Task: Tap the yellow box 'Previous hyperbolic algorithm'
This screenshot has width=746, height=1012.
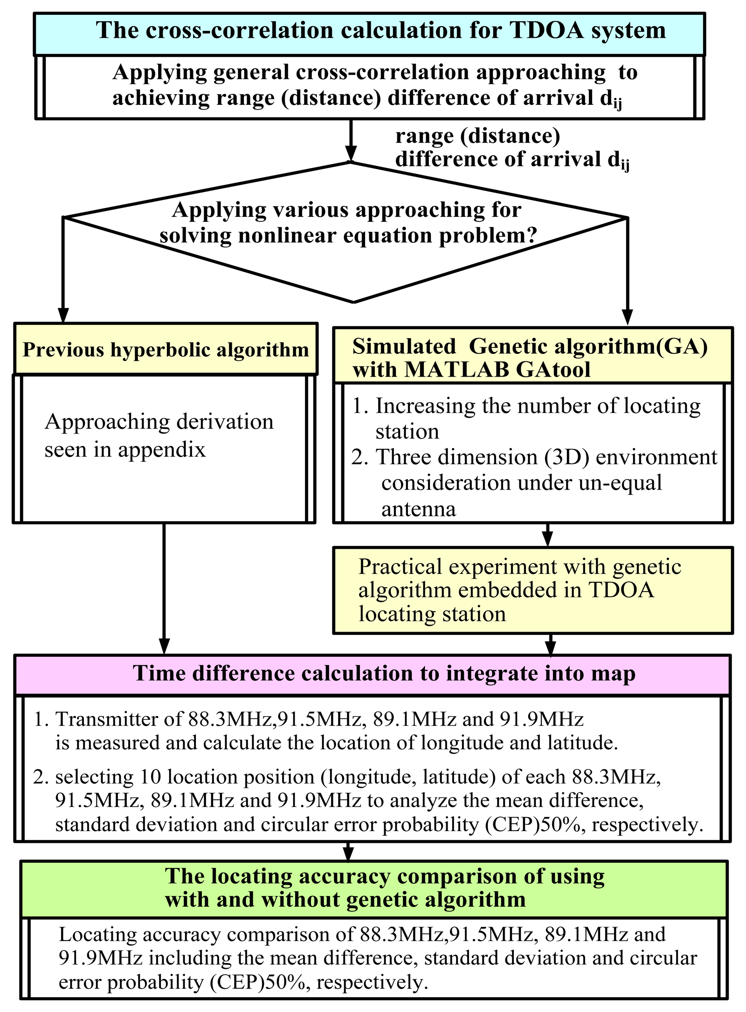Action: (x=166, y=350)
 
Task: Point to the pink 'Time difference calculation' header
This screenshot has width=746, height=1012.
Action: (x=372, y=674)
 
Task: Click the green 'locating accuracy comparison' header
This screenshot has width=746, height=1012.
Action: (x=373, y=888)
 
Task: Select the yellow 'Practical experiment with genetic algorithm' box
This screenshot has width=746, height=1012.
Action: (x=532, y=590)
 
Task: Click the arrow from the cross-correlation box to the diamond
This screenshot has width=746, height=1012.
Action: (x=351, y=140)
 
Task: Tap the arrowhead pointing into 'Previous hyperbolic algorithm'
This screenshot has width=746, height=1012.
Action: (x=63, y=315)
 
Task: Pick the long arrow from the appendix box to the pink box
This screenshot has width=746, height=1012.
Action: (x=164, y=587)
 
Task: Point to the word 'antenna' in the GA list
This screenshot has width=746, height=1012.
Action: (x=418, y=509)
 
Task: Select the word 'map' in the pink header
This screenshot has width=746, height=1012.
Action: (x=619, y=674)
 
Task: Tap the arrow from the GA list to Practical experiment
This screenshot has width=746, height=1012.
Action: (x=548, y=534)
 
